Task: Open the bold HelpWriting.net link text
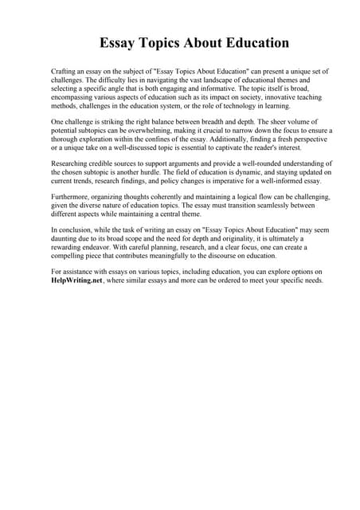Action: pyautogui.click(x=76, y=280)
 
